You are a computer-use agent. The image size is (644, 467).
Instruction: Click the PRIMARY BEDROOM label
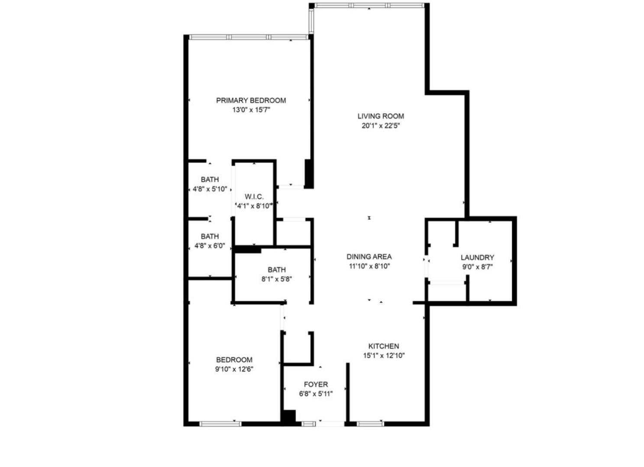point(251,101)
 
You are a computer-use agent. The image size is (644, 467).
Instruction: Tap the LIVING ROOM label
point(381,116)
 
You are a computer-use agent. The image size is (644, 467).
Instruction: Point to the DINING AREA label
point(369,257)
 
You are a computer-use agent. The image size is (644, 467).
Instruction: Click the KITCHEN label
point(384,346)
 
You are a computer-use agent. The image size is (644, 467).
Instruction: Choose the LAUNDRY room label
point(477,258)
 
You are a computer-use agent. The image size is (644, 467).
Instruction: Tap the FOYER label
point(316,385)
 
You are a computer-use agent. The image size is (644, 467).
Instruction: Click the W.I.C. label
point(254,197)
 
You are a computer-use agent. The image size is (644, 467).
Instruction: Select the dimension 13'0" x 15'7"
point(251,110)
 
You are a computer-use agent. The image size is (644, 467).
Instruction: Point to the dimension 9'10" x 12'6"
point(234,369)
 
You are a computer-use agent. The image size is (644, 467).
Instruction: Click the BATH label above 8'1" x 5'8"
point(276,270)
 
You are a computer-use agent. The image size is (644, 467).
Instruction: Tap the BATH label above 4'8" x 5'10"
point(210,180)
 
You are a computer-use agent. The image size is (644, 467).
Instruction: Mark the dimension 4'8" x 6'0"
point(210,246)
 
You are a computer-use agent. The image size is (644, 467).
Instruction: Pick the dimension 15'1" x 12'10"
point(384,356)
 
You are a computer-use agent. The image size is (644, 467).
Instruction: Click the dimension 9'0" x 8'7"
point(477,267)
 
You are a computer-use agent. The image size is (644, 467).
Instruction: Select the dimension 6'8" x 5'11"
point(316,394)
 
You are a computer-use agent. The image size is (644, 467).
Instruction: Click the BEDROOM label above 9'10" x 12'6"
point(234,360)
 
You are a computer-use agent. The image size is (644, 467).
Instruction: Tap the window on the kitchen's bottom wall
point(370,423)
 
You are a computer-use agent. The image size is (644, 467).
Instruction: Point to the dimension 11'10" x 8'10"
point(369,266)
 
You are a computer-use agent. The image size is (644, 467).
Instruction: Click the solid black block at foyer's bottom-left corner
point(288,417)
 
